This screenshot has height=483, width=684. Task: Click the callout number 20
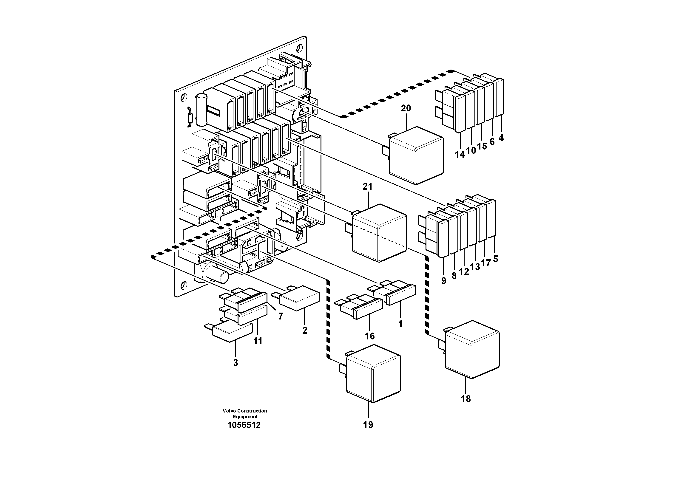click(x=406, y=108)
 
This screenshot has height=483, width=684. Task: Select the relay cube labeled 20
click(x=416, y=156)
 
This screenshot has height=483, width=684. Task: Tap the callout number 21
click(x=367, y=187)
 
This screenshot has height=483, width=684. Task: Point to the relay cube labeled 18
click(x=472, y=350)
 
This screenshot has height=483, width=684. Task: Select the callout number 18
click(x=466, y=399)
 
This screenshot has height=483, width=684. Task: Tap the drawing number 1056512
click(x=244, y=425)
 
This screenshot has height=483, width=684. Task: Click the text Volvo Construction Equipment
click(x=245, y=414)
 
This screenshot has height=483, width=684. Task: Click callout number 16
click(x=369, y=336)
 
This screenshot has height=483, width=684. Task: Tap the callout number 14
click(x=460, y=155)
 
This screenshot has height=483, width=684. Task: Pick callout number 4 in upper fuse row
click(x=501, y=138)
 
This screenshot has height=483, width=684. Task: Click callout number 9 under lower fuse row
click(x=444, y=280)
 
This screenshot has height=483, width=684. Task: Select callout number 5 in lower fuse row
click(x=495, y=259)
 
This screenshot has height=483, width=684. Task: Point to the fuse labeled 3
click(x=232, y=332)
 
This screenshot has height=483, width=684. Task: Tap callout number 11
click(x=258, y=341)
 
